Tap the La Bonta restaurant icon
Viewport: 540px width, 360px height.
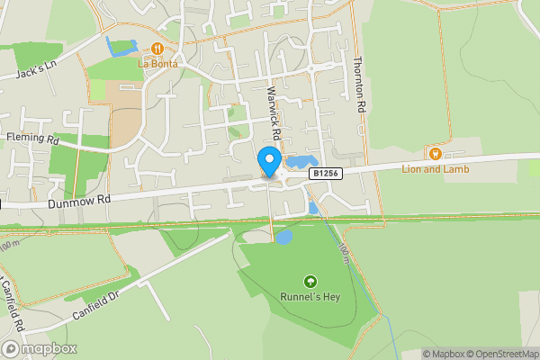point(158,49)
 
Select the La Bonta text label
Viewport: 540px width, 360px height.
point(158,64)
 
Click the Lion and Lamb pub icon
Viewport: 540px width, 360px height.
point(436,153)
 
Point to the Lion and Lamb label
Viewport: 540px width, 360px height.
point(436,168)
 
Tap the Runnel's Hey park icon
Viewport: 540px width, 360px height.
point(310,282)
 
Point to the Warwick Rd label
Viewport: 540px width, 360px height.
point(275,112)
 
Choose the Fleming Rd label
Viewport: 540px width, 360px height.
point(32,139)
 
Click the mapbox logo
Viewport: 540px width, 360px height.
point(40,348)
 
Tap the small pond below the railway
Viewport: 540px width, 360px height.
point(283,238)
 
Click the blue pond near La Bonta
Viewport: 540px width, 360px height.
point(119,48)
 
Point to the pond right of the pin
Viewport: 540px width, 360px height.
point(296,164)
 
